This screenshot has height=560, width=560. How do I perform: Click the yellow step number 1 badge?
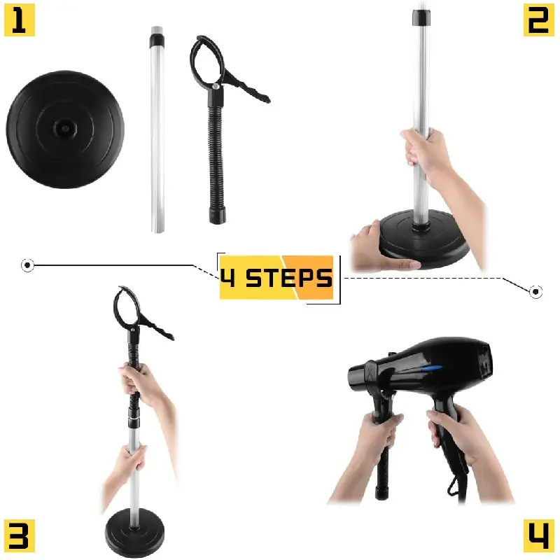point(20,20)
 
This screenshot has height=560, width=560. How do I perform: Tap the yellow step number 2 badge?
point(538,20)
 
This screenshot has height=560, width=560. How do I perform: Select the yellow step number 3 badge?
point(20,535)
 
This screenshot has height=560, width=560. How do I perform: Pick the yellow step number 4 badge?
point(538,535)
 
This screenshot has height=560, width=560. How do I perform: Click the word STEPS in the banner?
point(289,278)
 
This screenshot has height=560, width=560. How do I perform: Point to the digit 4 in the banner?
point(228,278)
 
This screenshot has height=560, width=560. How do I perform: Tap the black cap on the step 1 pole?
point(157,39)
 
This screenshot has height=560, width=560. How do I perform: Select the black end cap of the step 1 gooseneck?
point(217,216)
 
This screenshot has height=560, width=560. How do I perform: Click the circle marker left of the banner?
point(27,265)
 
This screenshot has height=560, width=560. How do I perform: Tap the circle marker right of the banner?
point(535,292)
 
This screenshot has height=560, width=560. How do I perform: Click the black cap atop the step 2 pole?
point(421,18)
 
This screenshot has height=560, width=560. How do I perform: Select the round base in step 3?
point(135,532)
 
